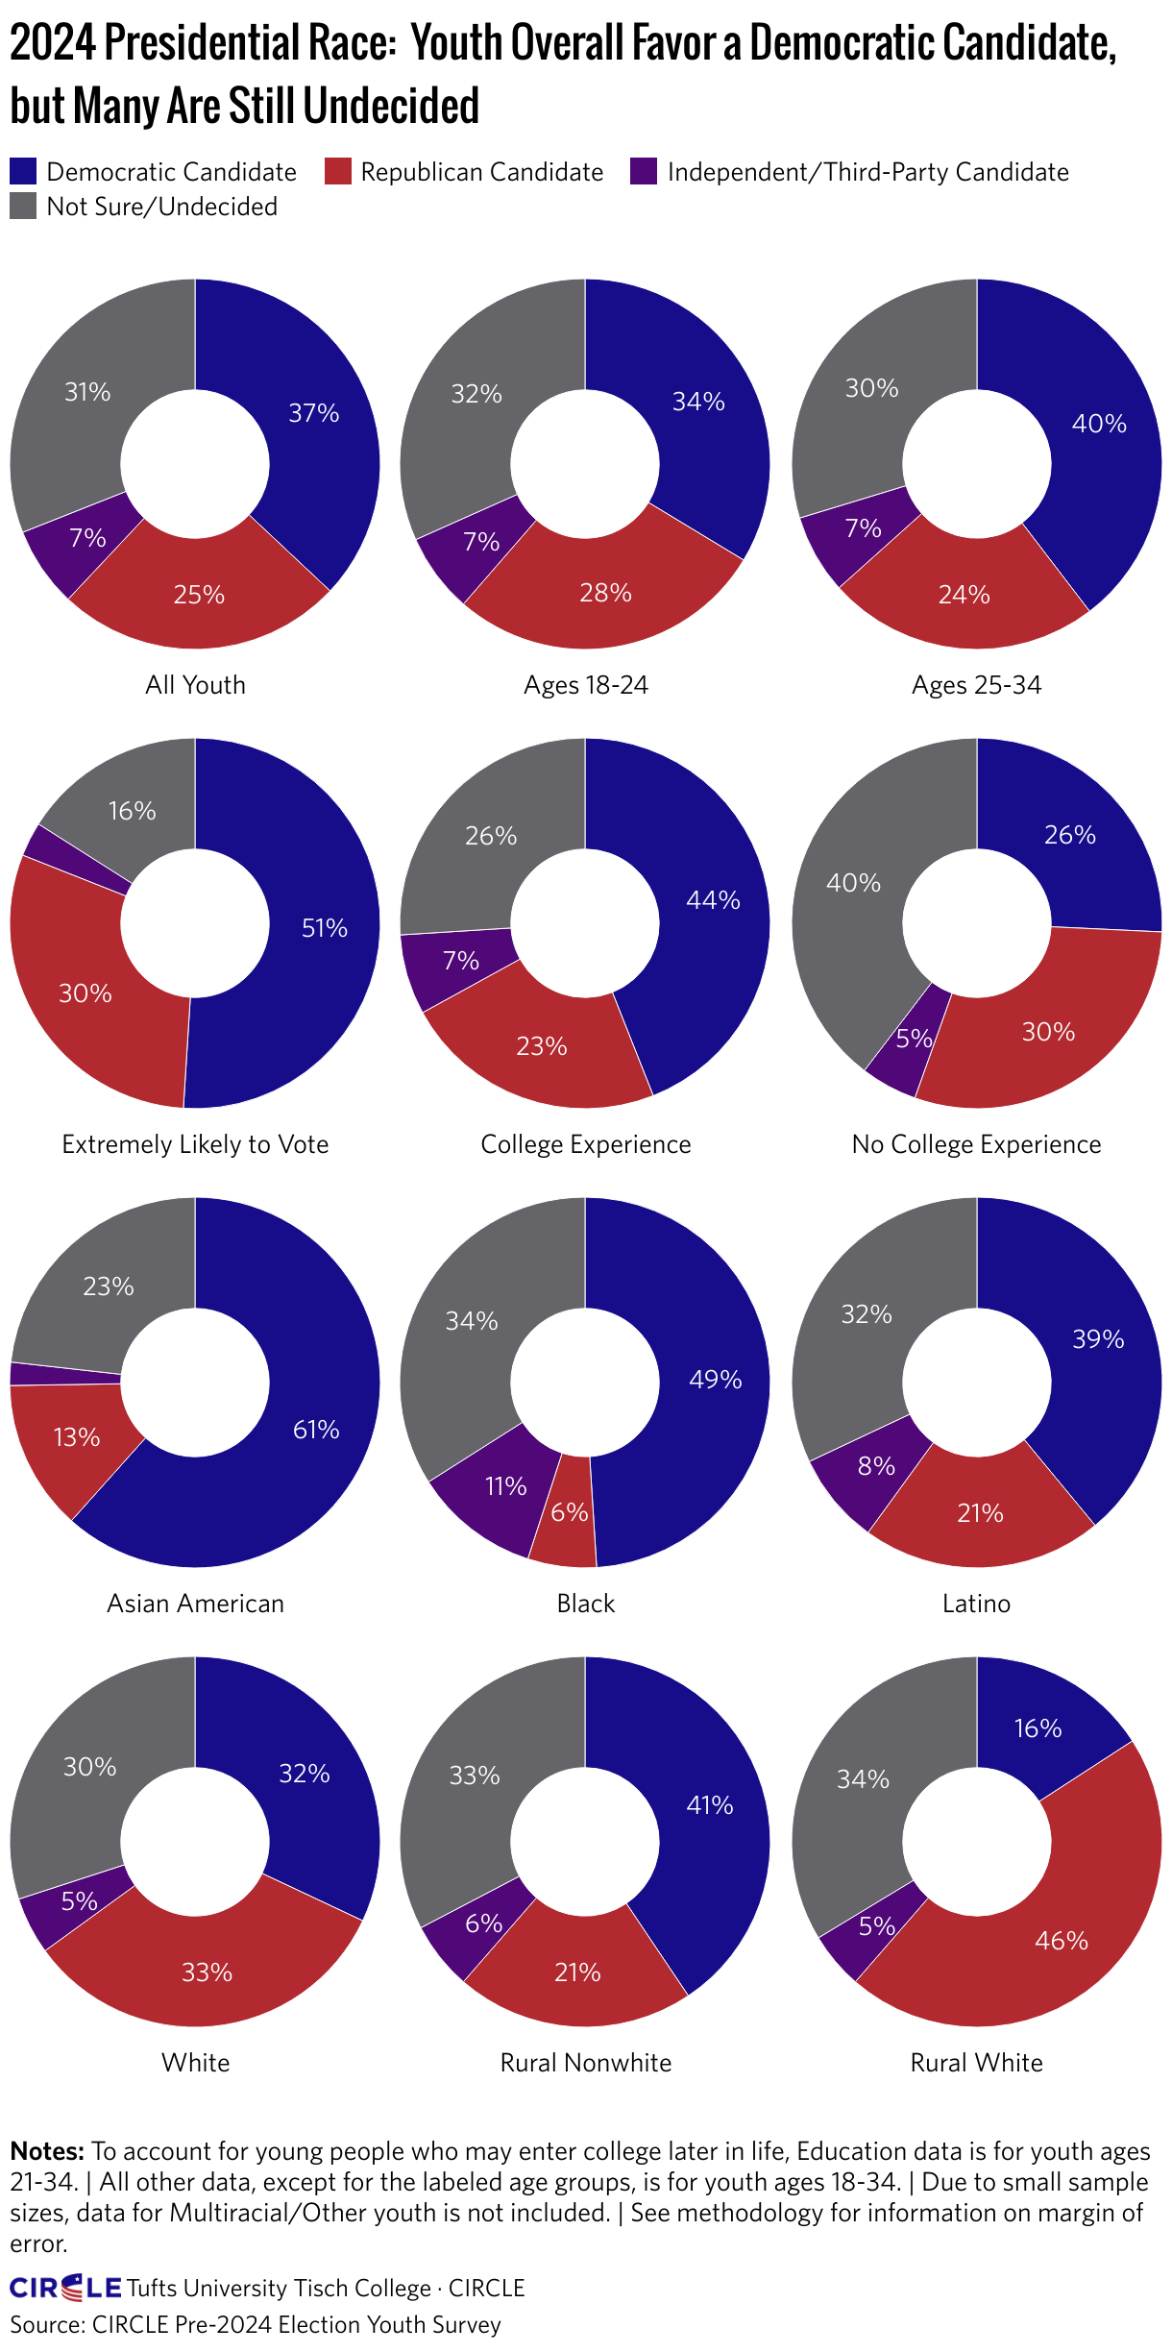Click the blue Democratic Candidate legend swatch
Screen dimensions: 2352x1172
click(x=23, y=172)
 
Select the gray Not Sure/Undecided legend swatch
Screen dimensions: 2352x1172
click(x=23, y=207)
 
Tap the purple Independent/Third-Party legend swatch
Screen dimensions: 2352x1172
click(x=644, y=172)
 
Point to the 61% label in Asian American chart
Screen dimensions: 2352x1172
click(x=316, y=1430)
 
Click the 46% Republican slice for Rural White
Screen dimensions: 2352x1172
click(x=1062, y=1941)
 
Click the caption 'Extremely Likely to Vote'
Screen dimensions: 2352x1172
click(x=195, y=1144)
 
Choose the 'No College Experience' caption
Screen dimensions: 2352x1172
click(x=976, y=1144)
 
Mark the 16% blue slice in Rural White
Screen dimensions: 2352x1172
click(x=1038, y=1728)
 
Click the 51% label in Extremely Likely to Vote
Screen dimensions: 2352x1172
click(x=325, y=928)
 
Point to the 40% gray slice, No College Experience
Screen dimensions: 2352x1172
click(x=853, y=882)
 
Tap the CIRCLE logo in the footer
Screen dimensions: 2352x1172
click(x=65, y=2288)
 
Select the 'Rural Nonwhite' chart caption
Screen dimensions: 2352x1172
click(x=586, y=2063)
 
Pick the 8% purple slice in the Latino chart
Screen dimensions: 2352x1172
click(x=875, y=1466)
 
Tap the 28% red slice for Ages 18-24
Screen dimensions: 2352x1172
click(x=605, y=593)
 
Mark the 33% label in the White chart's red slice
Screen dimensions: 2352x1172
click(x=208, y=1972)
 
